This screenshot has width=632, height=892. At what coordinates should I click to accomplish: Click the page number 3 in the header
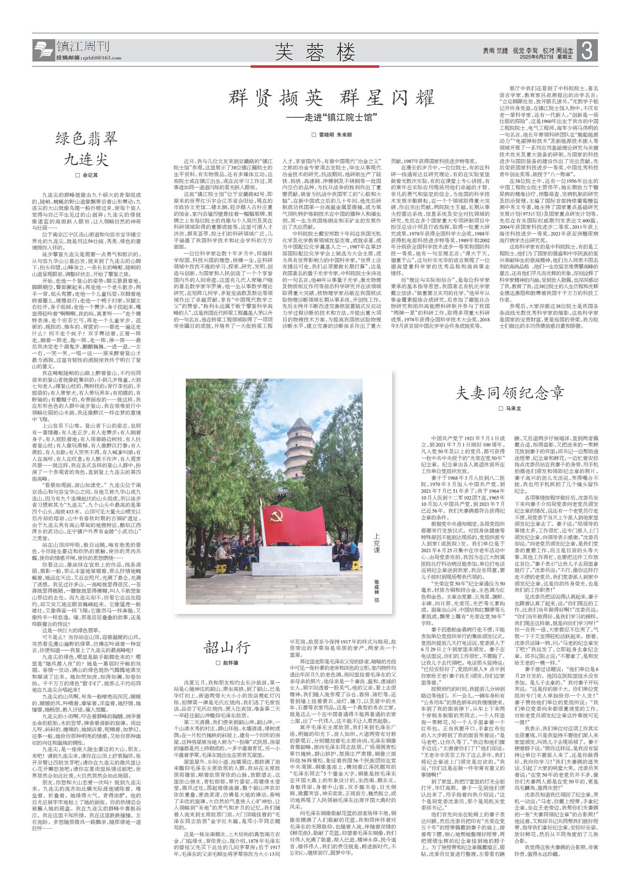pyautogui.click(x=588, y=52)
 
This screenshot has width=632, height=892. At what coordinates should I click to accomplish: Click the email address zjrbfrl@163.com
pyautogui.click(x=101, y=58)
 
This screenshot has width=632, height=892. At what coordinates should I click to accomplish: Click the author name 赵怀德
pyautogui.click(x=230, y=662)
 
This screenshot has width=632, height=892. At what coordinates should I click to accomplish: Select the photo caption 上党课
pyautogui.click(x=376, y=544)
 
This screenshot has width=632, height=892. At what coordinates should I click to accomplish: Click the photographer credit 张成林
pyautogui.click(x=376, y=588)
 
